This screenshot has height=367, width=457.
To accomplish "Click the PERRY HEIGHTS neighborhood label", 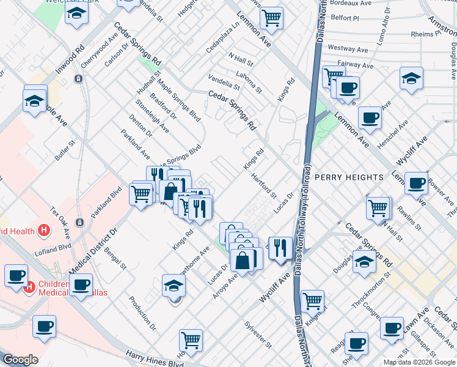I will tap(349, 177).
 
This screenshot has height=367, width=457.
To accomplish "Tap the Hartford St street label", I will tap(265, 185).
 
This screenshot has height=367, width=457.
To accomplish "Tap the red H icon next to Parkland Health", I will tap(43, 231).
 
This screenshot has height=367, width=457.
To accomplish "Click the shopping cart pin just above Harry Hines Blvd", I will tap(191, 339).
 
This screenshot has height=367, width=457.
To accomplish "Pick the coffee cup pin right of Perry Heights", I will tap(417, 182).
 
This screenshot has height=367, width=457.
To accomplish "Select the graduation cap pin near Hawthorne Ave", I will tap(174, 286).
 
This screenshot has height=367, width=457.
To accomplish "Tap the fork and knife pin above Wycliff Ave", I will tap(280, 248).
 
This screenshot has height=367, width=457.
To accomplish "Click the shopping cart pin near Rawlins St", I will tap(378, 208).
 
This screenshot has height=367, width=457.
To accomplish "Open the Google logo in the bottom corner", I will tap(21, 360).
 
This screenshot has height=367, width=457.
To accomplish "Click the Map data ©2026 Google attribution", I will tap(419, 362).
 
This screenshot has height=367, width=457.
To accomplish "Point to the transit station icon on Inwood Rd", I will tap(78, 79).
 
